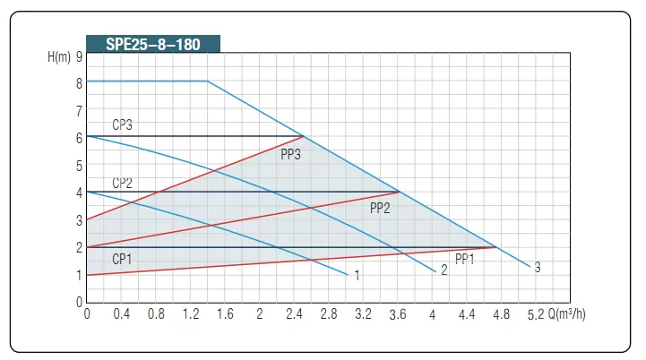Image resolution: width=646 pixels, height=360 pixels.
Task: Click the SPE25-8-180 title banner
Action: [153, 44]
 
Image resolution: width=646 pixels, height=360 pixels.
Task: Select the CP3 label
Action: [122, 125]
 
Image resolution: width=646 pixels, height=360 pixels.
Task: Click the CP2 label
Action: [122, 183]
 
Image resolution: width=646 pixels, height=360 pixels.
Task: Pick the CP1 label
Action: [122, 259]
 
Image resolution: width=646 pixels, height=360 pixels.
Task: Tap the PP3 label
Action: [290, 154]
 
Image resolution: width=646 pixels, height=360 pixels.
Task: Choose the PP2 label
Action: [380, 208]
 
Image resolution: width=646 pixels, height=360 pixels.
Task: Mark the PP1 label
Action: [464, 260]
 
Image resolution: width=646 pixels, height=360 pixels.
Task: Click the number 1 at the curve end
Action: [357, 276]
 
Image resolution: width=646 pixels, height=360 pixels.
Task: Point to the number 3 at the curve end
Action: [537, 267]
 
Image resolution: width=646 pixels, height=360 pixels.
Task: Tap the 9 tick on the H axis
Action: [79, 56]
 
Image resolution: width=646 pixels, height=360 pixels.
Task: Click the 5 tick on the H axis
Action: [79, 165]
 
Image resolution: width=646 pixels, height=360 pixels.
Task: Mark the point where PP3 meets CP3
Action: [304, 136]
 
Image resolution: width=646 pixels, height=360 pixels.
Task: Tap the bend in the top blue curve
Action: [208, 81]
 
